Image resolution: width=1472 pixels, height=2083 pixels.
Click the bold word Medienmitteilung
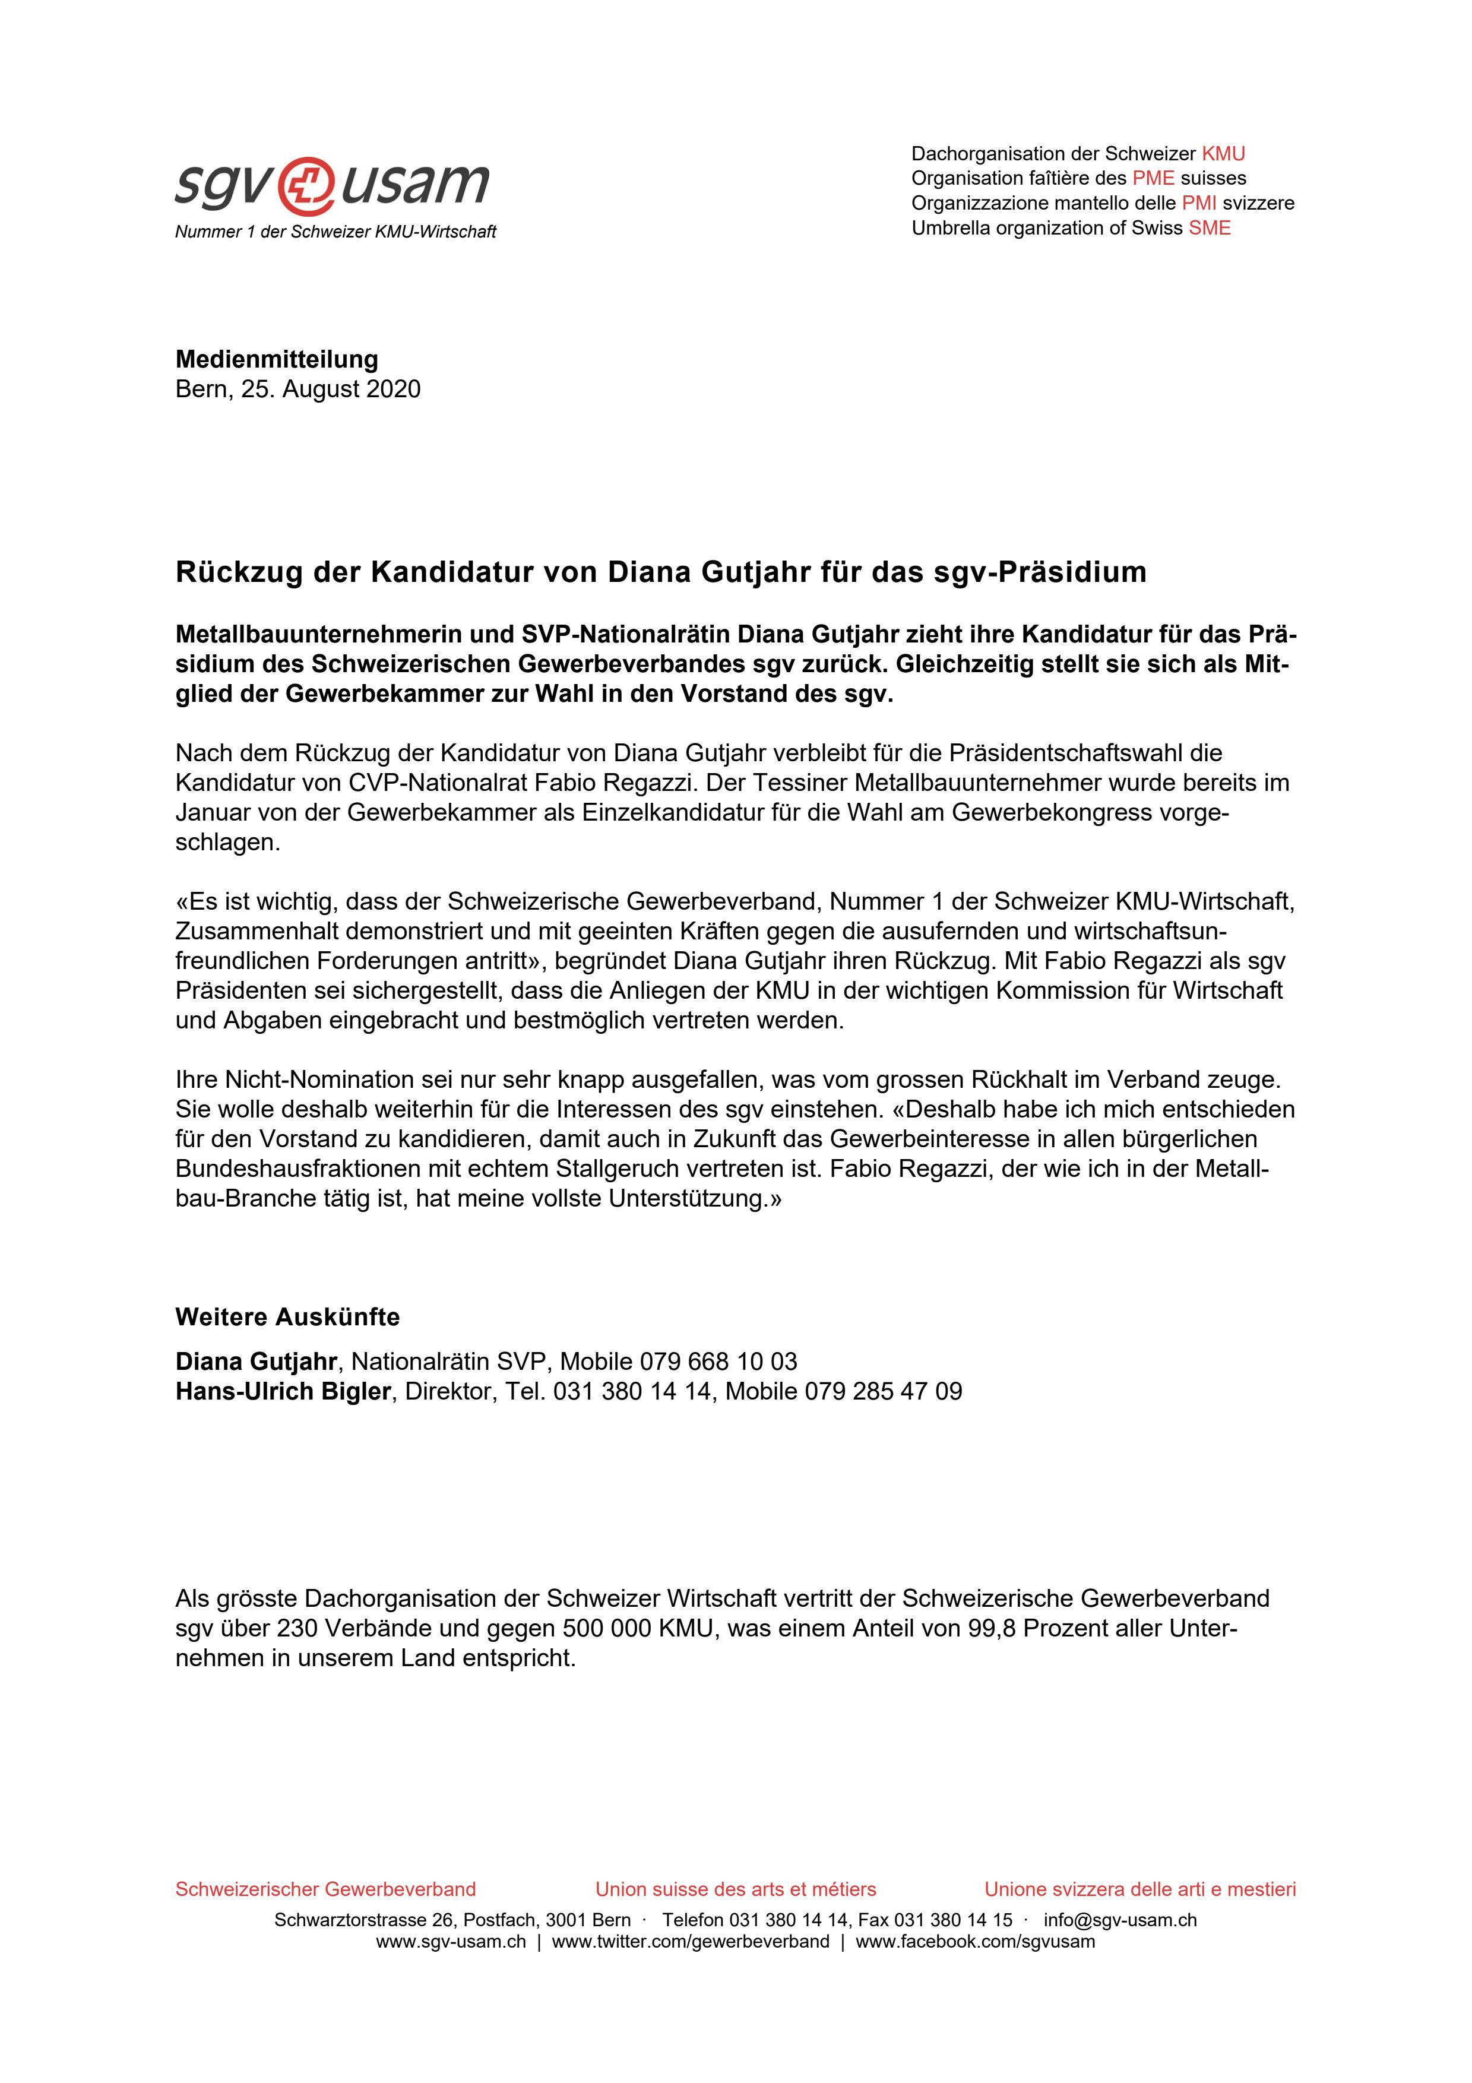pos(277,359)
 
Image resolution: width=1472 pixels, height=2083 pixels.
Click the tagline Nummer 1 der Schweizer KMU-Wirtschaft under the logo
pos(335,232)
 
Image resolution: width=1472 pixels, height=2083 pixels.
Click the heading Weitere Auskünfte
pos(287,1316)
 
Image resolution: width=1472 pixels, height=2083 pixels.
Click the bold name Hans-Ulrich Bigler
pos(283,1392)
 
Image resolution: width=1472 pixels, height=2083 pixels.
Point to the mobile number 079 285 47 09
pos(884,1392)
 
